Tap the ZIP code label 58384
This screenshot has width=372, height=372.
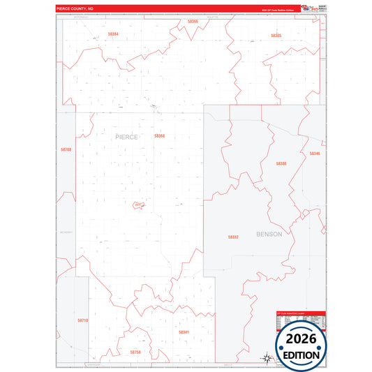(113, 34)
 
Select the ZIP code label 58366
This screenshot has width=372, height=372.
(193, 22)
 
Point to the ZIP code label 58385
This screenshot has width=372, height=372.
(276, 35)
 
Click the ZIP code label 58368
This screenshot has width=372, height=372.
(160, 135)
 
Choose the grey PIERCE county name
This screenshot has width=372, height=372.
(126, 137)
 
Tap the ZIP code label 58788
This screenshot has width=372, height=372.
(66, 149)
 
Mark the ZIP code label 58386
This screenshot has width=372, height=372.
(281, 163)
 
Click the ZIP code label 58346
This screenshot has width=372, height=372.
(315, 154)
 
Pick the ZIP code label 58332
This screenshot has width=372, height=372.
(233, 237)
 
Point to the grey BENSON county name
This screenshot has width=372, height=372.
(269, 235)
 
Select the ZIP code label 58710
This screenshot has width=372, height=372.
(83, 320)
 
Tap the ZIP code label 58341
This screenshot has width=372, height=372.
(184, 332)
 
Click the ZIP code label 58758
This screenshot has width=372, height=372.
(135, 352)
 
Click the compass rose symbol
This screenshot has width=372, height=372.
(267, 359)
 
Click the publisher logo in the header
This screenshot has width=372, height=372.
(308, 8)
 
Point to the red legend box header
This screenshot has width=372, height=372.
(300, 313)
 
